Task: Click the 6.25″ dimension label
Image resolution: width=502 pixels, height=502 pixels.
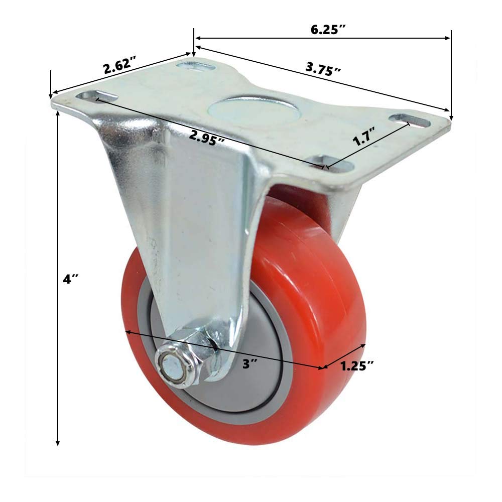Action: point(328,29)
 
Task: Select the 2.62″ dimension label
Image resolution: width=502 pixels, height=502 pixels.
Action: point(119,66)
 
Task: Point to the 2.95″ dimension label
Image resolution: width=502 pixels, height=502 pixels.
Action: point(207,137)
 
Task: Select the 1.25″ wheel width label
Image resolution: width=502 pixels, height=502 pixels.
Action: point(357,366)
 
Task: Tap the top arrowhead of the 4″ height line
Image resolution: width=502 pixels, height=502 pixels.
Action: point(58,113)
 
